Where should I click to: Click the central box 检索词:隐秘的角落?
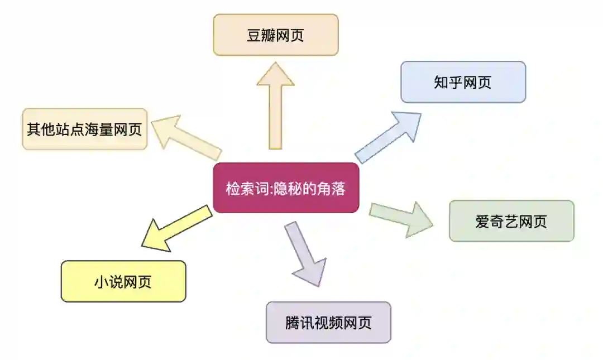(x=286, y=188)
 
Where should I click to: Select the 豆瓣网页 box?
(x=276, y=35)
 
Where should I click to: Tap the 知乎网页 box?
(x=463, y=82)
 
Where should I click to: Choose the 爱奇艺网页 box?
(x=511, y=221)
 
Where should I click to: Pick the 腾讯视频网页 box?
(x=328, y=322)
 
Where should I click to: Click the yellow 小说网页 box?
(x=123, y=281)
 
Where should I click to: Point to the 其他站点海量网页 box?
(x=84, y=129)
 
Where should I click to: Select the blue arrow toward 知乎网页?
(x=389, y=136)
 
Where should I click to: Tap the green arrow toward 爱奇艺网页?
(x=401, y=218)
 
